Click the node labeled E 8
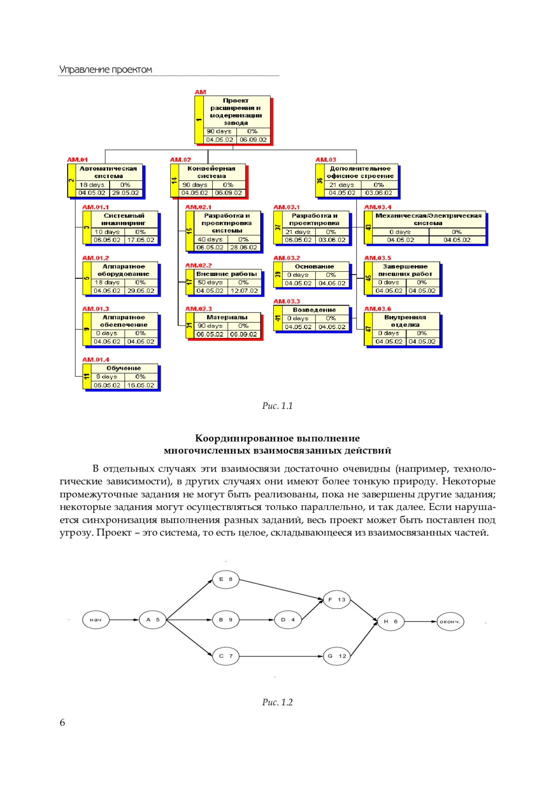click(x=225, y=579)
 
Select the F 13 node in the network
click(x=336, y=600)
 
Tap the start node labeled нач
click(x=96, y=619)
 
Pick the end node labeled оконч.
click(x=450, y=622)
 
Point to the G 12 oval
click(x=336, y=656)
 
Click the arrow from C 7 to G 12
click(x=281, y=656)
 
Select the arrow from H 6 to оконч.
click(x=420, y=622)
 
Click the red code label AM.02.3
click(x=198, y=309)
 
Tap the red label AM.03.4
click(x=377, y=207)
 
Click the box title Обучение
click(x=124, y=368)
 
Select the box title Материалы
click(x=227, y=317)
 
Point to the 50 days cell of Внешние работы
click(x=210, y=282)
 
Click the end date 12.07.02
click(x=244, y=290)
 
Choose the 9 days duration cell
click(x=108, y=377)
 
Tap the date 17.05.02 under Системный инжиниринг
click(x=141, y=240)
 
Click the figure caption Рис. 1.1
click(x=277, y=406)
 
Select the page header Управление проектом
click(x=105, y=69)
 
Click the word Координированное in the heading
click(x=243, y=438)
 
